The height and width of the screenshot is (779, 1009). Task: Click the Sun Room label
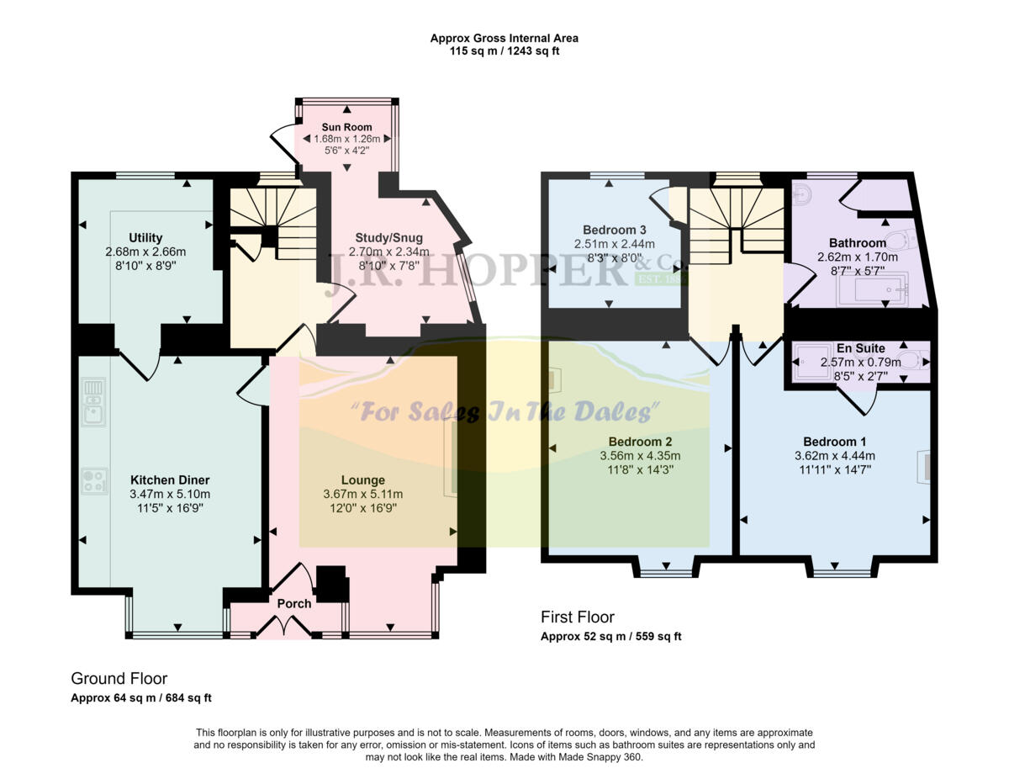346,127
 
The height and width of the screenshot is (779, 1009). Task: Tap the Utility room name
145,237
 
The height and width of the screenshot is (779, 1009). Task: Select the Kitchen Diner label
170,480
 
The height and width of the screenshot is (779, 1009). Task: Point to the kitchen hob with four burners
93,481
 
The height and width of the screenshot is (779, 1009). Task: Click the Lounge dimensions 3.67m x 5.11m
363,495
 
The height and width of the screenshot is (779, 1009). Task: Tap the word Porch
293,603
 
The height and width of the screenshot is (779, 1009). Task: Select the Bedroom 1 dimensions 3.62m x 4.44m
836,456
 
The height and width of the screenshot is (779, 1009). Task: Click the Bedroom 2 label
640,441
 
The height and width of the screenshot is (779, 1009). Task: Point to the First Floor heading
577,617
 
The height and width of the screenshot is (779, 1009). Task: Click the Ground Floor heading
119,678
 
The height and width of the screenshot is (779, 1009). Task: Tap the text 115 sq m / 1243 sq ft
504,50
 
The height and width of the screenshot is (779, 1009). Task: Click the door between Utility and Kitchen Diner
139,363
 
